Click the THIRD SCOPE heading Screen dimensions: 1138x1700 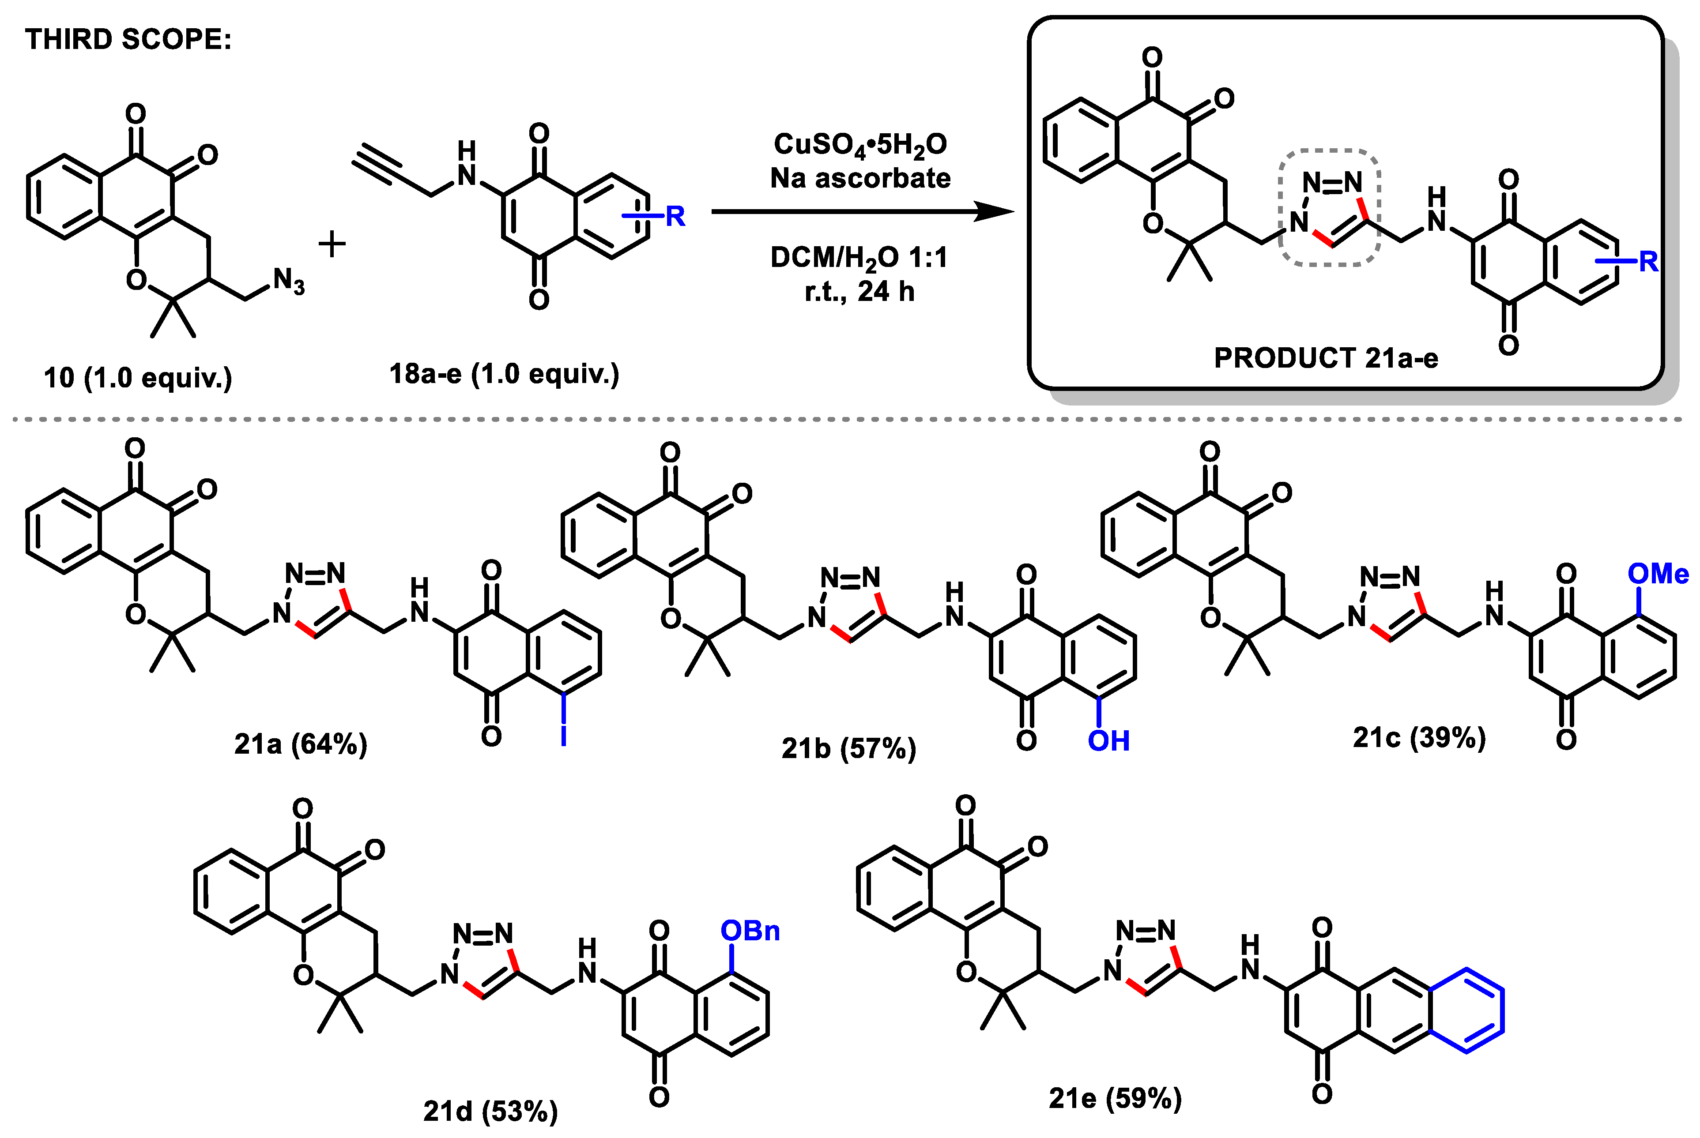pyautogui.click(x=128, y=39)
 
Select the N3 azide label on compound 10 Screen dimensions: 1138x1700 pyautogui.click(x=288, y=281)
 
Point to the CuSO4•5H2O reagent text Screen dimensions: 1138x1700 pyautogui.click(x=860, y=144)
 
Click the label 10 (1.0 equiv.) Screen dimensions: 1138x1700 pyautogui.click(x=138, y=378)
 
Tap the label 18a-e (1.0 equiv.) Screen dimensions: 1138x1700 pyautogui.click(x=505, y=374)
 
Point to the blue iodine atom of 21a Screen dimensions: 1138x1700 pyautogui.click(x=564, y=735)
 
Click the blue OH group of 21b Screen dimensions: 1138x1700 pyautogui.click(x=1108, y=741)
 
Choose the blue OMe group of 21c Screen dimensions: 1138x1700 pyautogui.click(x=1658, y=574)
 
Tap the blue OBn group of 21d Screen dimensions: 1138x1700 pyautogui.click(x=750, y=931)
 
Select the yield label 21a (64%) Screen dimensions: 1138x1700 pyautogui.click(x=301, y=745)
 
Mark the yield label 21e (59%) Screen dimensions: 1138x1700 pyautogui.click(x=1115, y=1098)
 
